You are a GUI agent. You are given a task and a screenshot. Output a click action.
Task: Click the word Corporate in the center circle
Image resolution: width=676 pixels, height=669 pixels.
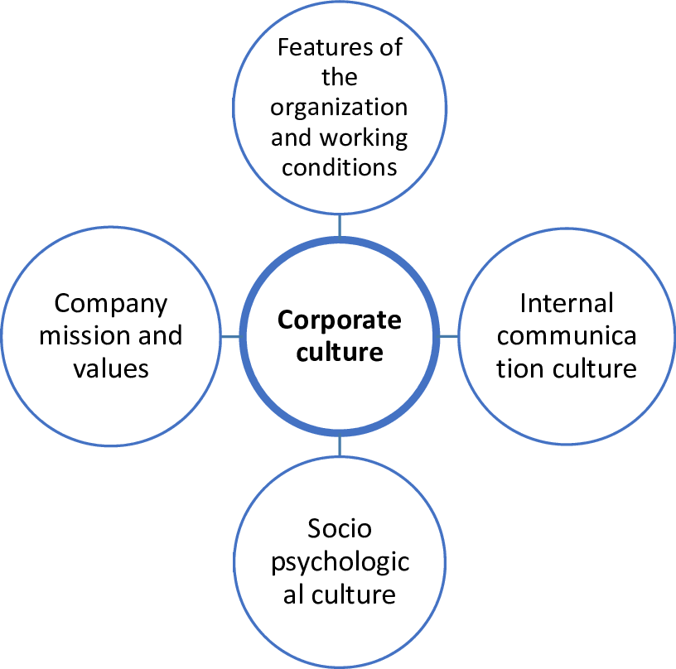[339, 320]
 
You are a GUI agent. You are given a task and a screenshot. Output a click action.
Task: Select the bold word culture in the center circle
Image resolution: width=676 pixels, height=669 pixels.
[339, 353]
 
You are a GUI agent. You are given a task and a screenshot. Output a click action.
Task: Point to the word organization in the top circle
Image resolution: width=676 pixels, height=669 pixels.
[340, 108]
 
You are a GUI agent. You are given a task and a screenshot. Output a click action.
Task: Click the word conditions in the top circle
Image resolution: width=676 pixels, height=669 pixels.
[340, 166]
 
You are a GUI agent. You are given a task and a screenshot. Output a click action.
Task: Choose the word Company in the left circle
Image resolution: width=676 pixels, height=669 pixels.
[111, 304]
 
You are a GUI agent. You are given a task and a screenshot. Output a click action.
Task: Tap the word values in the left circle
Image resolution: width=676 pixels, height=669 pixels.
[111, 368]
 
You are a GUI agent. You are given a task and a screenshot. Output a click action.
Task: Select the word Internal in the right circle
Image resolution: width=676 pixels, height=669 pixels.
[567, 304]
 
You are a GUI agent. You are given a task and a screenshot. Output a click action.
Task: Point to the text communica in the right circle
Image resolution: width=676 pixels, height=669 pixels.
[567, 336]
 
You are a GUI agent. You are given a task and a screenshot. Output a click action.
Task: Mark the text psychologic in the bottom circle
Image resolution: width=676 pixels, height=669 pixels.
[340, 562]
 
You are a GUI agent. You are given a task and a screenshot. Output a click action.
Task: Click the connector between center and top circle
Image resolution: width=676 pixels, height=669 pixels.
[339, 225]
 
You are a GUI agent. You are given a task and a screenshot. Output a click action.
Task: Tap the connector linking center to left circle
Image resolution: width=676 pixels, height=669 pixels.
[231, 336]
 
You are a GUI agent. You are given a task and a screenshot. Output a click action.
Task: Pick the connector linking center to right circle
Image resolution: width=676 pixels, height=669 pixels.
[447, 336]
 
